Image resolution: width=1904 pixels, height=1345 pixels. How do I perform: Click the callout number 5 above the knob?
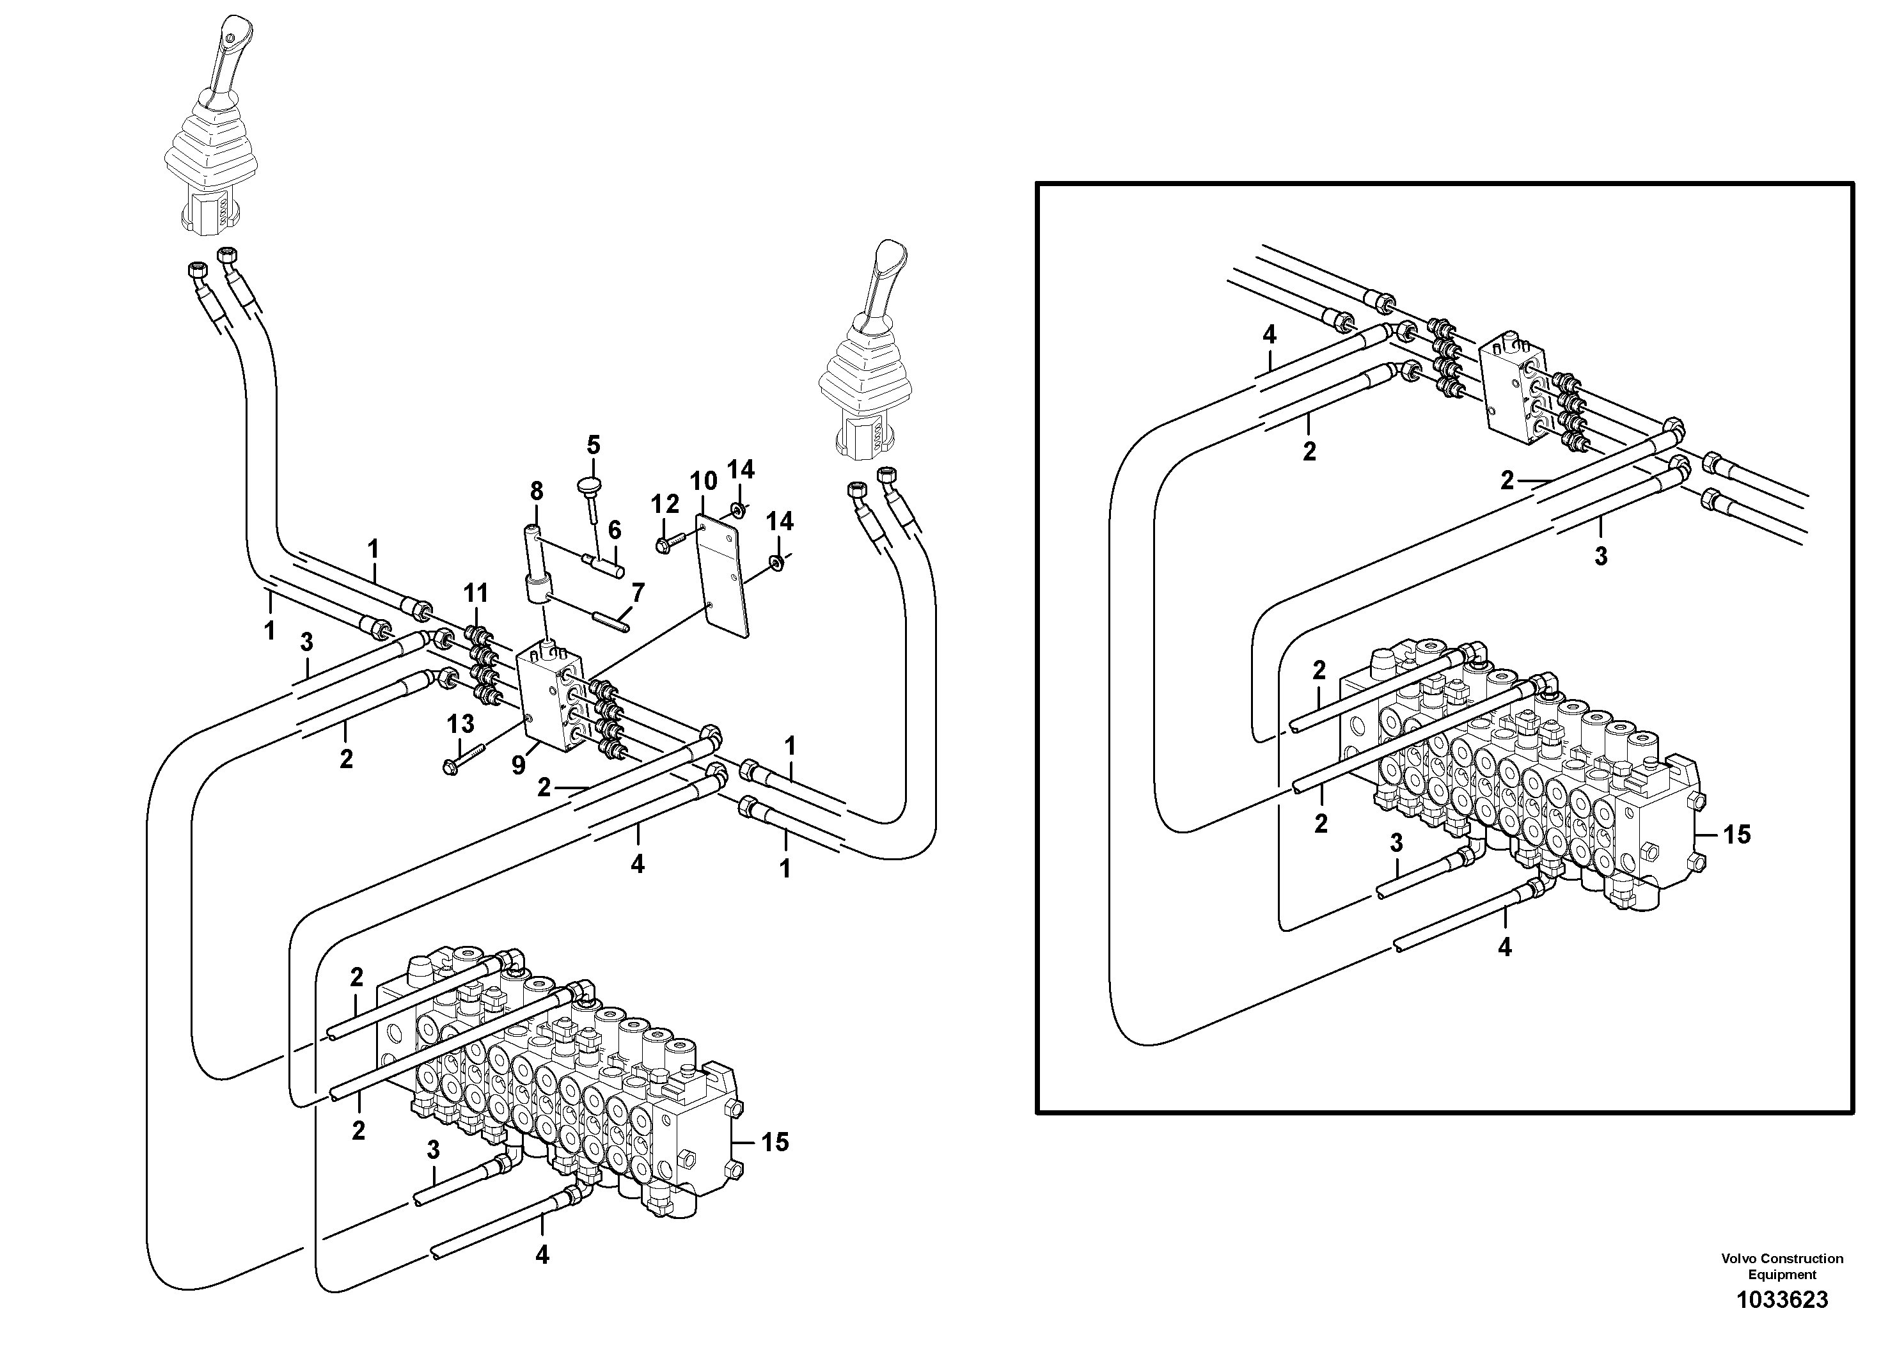(593, 445)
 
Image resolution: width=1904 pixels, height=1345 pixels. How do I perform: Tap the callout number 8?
(537, 491)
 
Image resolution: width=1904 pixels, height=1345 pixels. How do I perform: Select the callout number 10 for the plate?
(704, 481)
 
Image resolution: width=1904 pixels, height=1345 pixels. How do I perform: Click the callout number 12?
(665, 504)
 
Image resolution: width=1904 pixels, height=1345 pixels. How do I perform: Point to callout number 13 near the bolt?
(460, 724)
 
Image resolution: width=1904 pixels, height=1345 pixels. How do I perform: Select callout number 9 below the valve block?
(518, 764)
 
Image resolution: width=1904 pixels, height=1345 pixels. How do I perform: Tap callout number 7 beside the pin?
(637, 593)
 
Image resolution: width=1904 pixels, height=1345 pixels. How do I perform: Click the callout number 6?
(615, 530)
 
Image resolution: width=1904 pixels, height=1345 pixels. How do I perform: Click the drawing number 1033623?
(1782, 1300)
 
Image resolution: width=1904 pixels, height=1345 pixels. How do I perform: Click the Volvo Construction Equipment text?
(1782, 1266)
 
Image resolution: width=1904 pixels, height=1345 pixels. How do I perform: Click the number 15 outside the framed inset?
(775, 1143)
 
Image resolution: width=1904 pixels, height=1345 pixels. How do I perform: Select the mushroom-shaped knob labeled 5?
(590, 484)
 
